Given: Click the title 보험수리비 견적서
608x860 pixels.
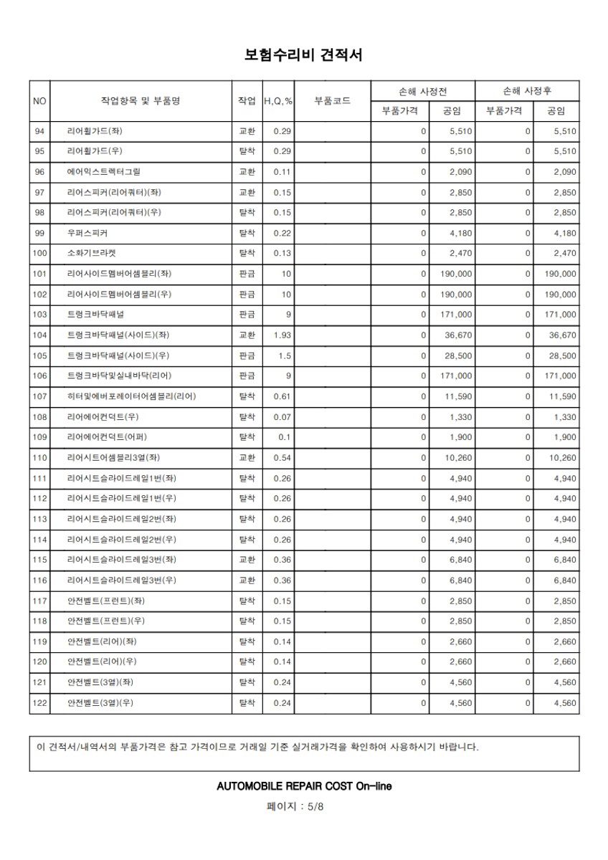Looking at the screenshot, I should [304, 55].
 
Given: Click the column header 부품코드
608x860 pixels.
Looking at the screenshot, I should [332, 101].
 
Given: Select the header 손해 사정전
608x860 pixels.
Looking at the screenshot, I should [423, 91].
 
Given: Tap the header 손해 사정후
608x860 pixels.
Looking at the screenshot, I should [527, 91].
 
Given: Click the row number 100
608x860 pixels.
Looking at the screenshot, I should [39, 254].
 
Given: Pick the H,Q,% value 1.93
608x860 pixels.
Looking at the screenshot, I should [282, 335].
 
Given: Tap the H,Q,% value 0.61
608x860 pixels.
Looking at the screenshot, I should [282, 396].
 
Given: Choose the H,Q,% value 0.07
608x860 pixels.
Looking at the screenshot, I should [282, 417].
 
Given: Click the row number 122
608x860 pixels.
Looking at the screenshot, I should [39, 703].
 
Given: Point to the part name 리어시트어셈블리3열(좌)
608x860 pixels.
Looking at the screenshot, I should [113, 458].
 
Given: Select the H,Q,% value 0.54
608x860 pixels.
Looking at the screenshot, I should [282, 458].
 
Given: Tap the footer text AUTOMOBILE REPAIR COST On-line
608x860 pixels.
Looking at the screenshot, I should [304, 786].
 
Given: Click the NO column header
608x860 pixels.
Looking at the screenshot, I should [39, 101].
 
